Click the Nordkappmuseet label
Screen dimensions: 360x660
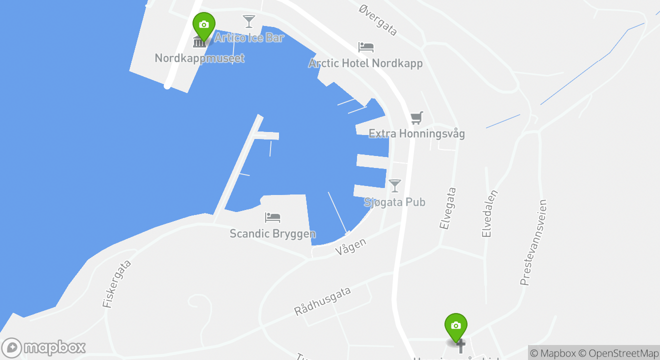(x=199, y=58)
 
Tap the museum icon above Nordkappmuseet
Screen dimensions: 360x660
(x=199, y=41)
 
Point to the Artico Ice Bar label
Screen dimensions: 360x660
(x=249, y=37)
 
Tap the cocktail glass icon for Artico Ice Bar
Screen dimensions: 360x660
(x=248, y=21)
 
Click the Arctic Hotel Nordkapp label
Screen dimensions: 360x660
(x=365, y=63)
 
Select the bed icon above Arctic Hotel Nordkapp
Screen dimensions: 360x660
(x=366, y=47)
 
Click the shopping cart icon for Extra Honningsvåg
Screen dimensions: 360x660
(x=416, y=118)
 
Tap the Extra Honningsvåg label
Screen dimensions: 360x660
(x=416, y=133)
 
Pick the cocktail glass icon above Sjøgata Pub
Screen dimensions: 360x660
(x=395, y=185)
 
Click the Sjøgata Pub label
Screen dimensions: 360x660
(x=394, y=202)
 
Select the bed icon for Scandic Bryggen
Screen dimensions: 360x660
(x=272, y=217)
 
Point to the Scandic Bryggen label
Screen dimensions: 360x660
(x=272, y=233)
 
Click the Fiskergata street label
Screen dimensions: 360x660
(x=117, y=283)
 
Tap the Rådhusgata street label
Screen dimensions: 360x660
(x=322, y=301)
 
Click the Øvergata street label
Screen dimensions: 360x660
(x=378, y=20)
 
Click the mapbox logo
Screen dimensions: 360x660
(x=44, y=347)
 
